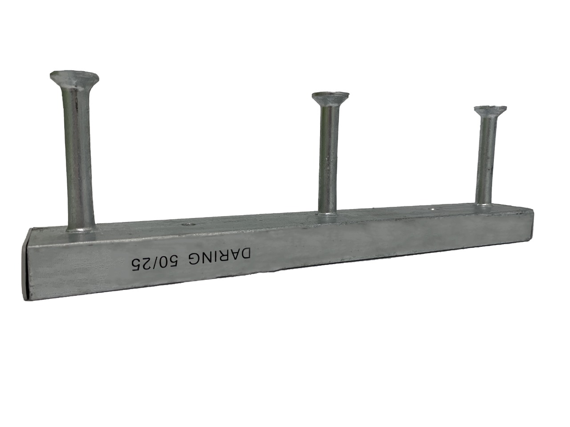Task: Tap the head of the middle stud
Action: (330, 97)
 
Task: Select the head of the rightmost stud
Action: (490, 111)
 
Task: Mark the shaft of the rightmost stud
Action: (486, 158)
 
